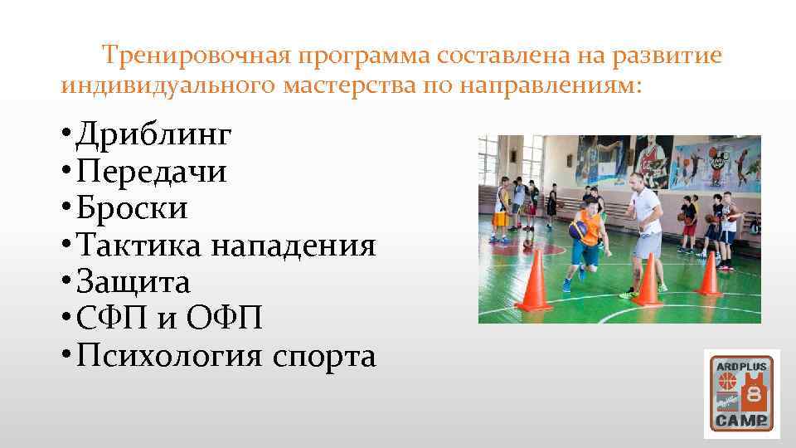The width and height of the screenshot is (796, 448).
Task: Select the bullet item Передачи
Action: (x=150, y=172)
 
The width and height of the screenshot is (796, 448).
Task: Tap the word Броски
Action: (x=131, y=208)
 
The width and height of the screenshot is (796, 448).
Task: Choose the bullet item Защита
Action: (x=133, y=282)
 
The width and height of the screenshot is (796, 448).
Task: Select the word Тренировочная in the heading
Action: (x=192, y=56)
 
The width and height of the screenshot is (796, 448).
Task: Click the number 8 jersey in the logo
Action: (x=755, y=392)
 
